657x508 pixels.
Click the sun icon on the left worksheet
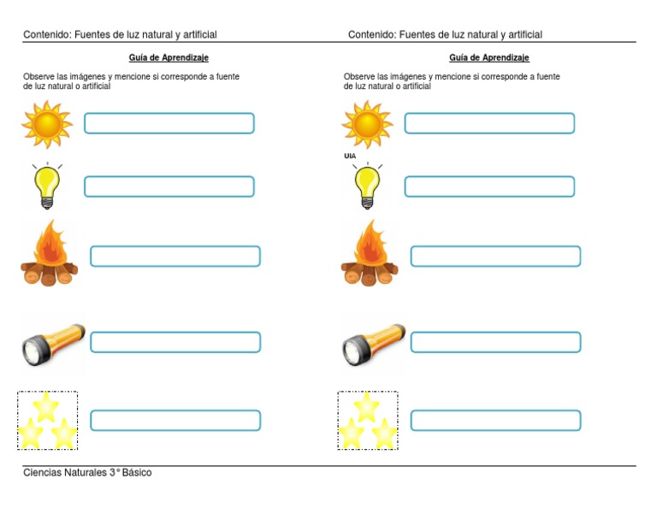click(x=47, y=124)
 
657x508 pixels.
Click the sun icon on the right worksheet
click(x=367, y=124)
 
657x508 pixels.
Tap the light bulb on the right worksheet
click(x=367, y=186)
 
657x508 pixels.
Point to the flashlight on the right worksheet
click(x=374, y=344)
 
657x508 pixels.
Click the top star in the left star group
click(x=45, y=405)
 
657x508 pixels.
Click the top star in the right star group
click(x=366, y=405)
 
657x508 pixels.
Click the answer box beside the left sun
click(x=169, y=123)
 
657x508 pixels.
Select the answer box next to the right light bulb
click(x=489, y=186)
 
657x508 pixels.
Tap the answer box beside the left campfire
click(x=175, y=257)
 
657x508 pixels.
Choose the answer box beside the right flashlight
click(x=495, y=342)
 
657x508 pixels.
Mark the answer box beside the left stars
click(x=175, y=421)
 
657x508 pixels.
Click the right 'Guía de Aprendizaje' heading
click(x=488, y=58)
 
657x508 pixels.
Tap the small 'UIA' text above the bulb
click(x=350, y=157)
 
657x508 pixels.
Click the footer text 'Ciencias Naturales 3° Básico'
click(x=87, y=473)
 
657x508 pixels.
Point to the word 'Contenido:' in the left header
click(x=46, y=35)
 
